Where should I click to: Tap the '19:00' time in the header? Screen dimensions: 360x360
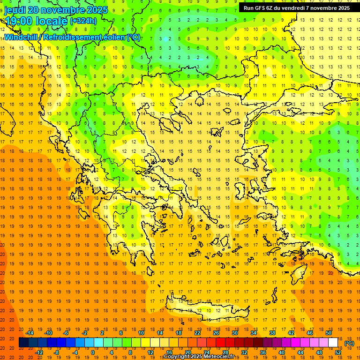(19, 21)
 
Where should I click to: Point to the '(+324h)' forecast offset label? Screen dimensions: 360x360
(83, 21)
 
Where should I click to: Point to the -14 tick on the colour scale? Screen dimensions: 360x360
(30, 333)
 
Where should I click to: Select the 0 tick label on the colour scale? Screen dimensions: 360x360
(93, 352)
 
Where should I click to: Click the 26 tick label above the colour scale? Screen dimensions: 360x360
(216, 333)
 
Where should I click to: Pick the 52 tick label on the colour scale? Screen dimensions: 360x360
(338, 352)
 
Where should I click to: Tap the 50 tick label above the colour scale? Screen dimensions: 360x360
(329, 333)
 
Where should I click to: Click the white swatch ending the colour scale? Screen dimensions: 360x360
(333, 343)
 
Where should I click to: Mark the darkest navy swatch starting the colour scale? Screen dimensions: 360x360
(23, 343)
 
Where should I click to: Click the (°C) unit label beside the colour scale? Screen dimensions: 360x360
(349, 343)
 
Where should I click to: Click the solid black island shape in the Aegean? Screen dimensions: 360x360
(246, 220)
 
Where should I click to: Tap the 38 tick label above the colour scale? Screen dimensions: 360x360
(272, 333)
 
